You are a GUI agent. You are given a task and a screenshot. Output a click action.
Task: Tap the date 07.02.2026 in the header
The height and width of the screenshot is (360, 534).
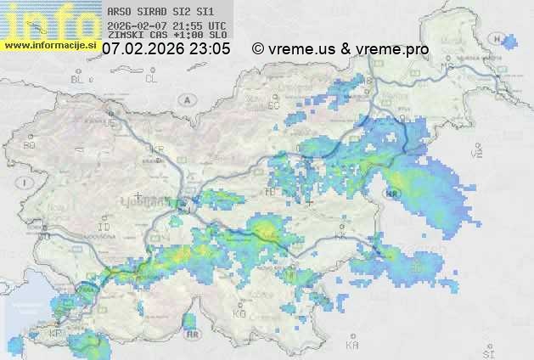click(x=142, y=49)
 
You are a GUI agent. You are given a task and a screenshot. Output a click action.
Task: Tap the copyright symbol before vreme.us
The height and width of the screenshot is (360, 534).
click(x=258, y=49)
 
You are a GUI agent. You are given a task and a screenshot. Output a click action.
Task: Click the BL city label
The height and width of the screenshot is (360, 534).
click(x=78, y=79)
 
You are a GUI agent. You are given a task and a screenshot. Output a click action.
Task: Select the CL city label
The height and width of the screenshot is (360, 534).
click(x=152, y=79)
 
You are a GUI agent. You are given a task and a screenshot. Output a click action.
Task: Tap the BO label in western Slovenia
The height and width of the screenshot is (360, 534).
click(x=30, y=145)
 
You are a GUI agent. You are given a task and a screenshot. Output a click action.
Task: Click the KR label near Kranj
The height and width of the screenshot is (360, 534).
click(x=157, y=149)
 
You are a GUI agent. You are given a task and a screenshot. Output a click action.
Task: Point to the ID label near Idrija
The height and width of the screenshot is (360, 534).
click(x=104, y=228)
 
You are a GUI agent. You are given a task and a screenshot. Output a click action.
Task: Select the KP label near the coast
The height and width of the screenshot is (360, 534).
click(x=56, y=334)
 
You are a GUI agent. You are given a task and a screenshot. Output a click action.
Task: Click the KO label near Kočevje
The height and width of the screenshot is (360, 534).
click(x=239, y=313)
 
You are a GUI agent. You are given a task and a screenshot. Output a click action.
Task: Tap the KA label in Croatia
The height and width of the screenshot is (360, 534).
click(x=352, y=346)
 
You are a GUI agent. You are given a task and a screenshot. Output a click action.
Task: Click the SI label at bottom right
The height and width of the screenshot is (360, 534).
click(x=487, y=351)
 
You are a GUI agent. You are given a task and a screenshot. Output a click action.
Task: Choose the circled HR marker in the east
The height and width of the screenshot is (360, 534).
click(x=392, y=194)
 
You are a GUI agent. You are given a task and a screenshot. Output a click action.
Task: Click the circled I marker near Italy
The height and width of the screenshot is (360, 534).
click(x=26, y=183)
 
